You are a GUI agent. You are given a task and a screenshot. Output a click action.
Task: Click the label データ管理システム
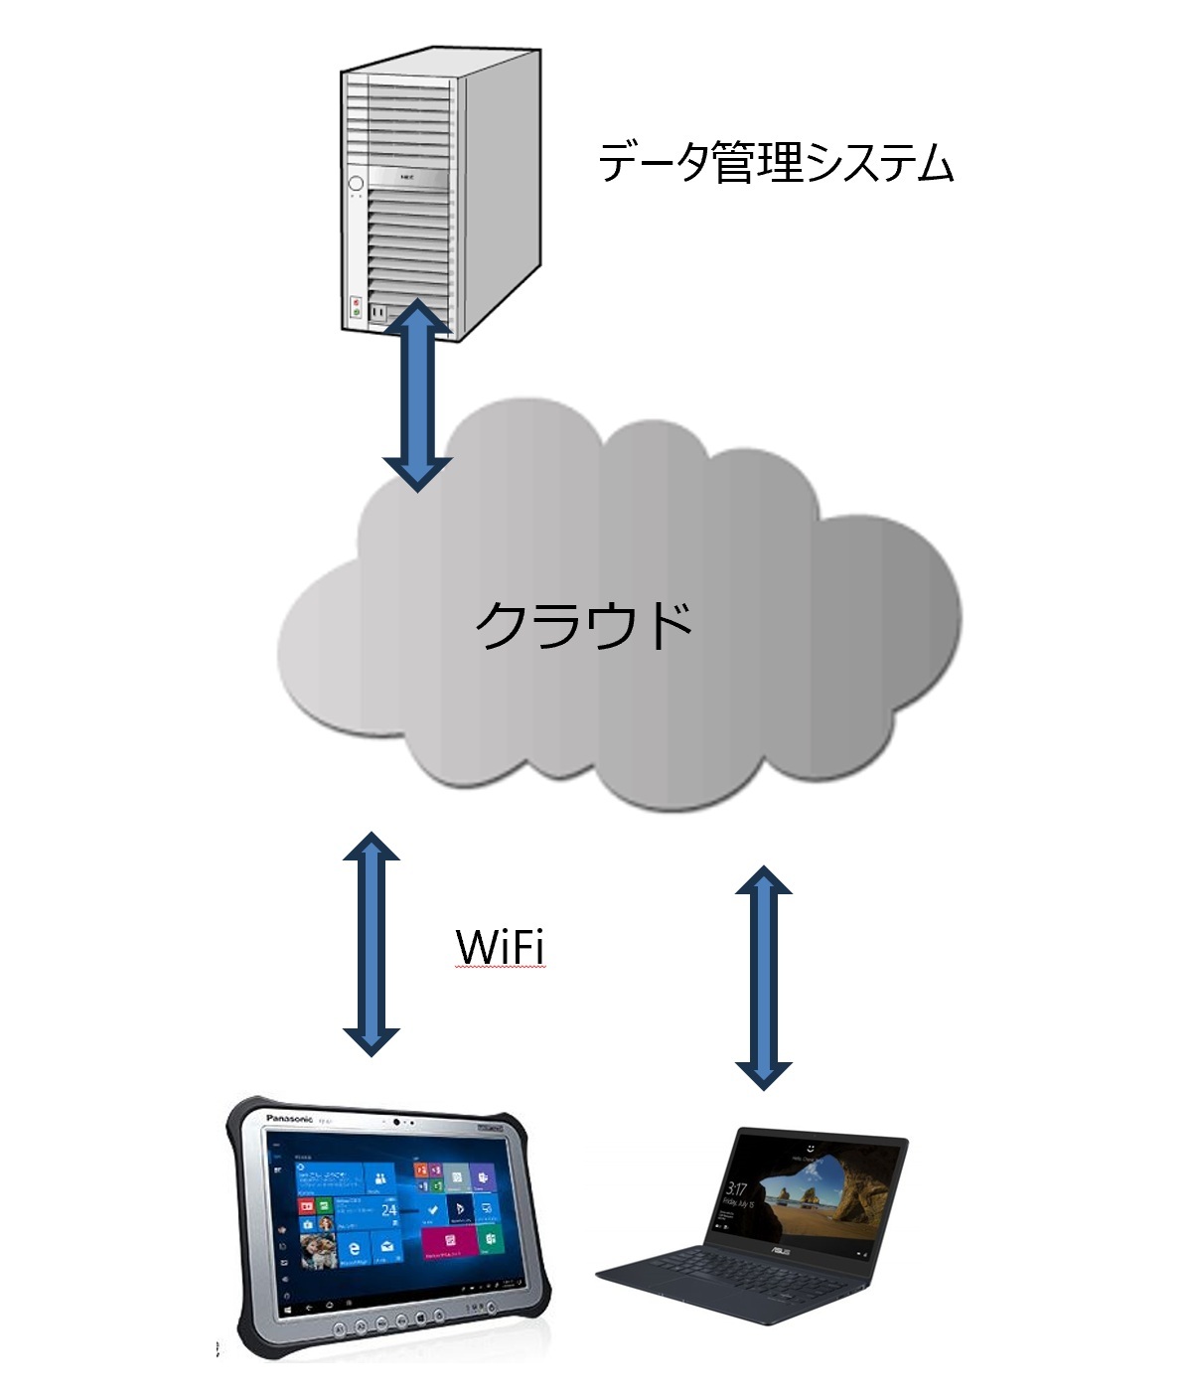point(776,163)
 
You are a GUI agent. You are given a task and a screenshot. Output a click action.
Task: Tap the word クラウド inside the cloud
point(583,625)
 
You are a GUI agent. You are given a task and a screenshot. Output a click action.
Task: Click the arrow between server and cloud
point(418,395)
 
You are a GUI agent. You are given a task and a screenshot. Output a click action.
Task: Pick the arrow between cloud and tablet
point(372,943)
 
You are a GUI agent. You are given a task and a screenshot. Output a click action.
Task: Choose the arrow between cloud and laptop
point(763,977)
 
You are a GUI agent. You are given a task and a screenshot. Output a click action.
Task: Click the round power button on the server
point(355,184)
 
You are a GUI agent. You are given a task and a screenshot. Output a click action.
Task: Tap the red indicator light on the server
point(355,301)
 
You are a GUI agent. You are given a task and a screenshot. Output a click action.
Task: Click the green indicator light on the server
point(355,312)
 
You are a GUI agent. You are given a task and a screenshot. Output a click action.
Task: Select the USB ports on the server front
point(377,312)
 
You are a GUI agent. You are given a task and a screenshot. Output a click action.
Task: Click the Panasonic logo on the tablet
point(289,1119)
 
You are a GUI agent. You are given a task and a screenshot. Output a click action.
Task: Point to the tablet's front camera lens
point(396,1122)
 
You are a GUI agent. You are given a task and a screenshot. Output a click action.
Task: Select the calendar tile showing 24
point(388,1210)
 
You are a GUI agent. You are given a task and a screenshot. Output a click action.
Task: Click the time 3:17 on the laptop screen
point(736,1188)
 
